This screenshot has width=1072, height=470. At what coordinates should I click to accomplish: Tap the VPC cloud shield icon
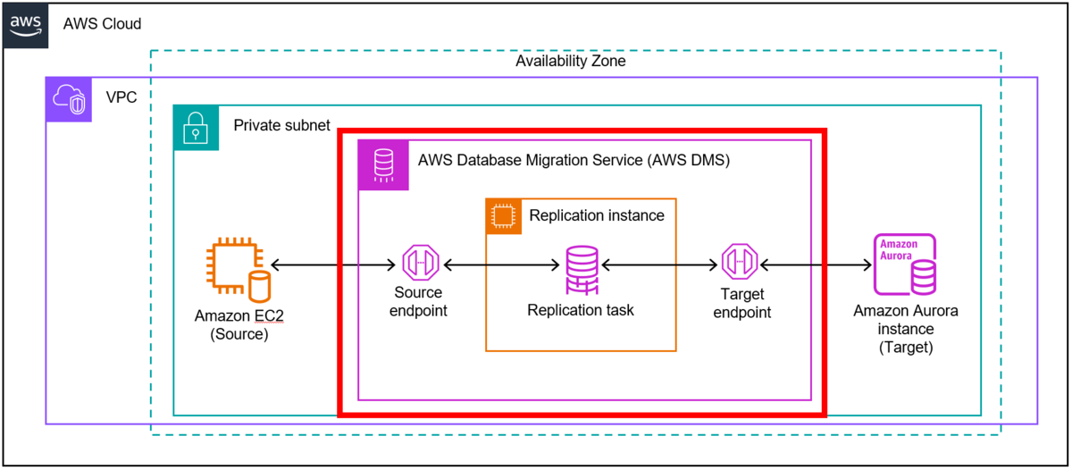[x=68, y=99]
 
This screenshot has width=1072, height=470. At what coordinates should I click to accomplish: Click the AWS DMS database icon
[x=383, y=164]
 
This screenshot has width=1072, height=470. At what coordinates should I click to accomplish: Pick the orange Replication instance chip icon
[x=504, y=216]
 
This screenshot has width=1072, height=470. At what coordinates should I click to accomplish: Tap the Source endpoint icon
[x=418, y=264]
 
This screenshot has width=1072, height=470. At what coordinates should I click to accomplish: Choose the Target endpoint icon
[x=741, y=264]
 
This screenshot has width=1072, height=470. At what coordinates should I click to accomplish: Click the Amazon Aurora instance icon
[x=905, y=265]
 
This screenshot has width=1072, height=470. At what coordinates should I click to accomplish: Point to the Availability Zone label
[x=570, y=62]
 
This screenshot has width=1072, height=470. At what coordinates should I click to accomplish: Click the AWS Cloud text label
[x=102, y=24]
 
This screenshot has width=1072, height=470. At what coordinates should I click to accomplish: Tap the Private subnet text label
[x=281, y=125]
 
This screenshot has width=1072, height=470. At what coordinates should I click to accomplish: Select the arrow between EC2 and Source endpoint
[x=333, y=264]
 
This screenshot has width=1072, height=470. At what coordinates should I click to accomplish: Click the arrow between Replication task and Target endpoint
[x=660, y=264]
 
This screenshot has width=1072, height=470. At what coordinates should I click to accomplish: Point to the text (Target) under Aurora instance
[x=905, y=347]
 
